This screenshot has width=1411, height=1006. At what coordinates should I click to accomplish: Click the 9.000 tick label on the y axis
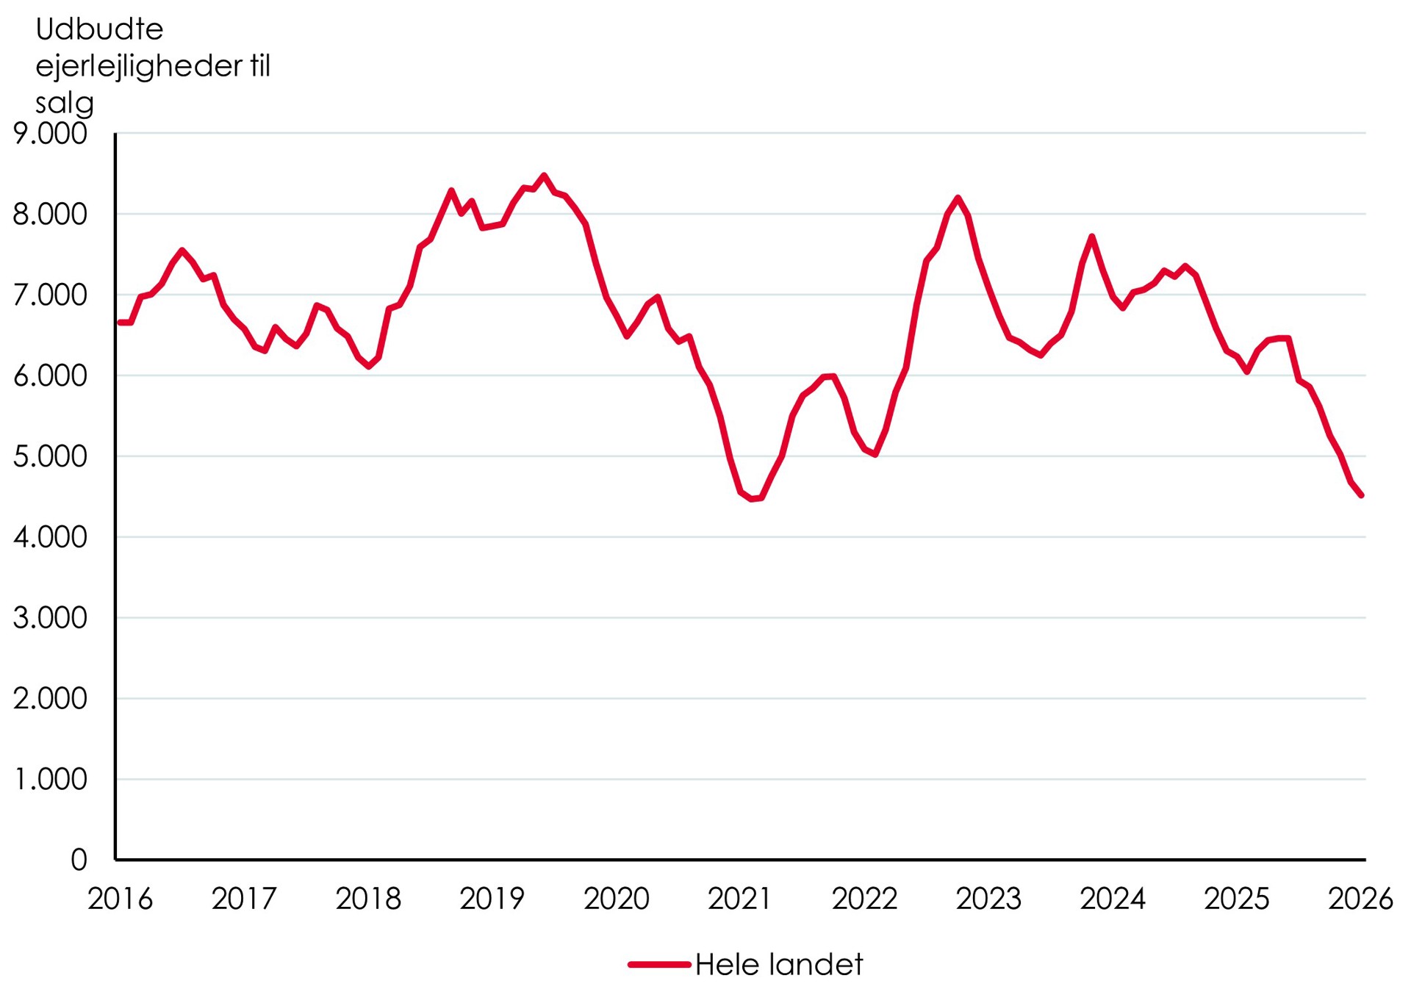50,134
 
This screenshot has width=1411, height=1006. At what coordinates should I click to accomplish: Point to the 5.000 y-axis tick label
50,457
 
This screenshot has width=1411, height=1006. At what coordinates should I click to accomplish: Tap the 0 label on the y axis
79,860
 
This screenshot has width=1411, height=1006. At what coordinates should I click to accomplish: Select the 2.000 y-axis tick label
50,699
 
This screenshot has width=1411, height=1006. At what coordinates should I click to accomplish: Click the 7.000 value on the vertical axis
50,295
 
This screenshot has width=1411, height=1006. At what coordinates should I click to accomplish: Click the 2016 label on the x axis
120,899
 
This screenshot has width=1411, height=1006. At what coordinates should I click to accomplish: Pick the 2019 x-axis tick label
492,899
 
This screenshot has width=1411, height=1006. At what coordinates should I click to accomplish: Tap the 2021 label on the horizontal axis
739,899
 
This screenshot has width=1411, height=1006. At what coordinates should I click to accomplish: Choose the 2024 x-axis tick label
1112,899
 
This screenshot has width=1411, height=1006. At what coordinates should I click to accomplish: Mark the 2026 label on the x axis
1360,899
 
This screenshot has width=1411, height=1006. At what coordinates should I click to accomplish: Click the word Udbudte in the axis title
99,29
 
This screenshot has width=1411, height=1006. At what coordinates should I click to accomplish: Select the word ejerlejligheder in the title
138,66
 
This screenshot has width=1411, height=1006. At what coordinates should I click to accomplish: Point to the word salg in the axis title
65,103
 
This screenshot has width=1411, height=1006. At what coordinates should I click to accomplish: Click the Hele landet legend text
778,965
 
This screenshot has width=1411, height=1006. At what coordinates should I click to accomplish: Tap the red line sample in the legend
659,965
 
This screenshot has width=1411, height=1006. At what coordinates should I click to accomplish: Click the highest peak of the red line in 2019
544,176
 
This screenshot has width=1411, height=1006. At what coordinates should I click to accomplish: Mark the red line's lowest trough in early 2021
752,500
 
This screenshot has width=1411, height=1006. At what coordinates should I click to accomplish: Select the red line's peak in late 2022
958,198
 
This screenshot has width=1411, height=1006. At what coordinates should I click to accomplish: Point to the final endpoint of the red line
1362,496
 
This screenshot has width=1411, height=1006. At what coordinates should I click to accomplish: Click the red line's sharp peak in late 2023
1092,237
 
